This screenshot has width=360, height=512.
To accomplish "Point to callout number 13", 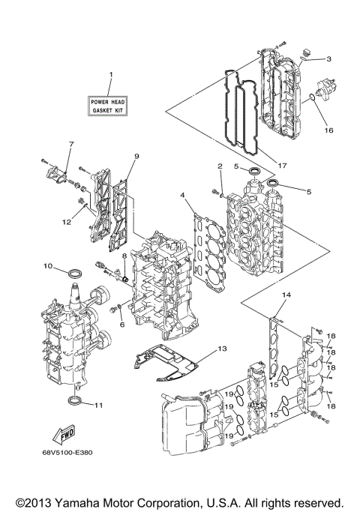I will tap(221, 349).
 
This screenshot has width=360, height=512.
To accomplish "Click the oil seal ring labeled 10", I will tap(76, 270).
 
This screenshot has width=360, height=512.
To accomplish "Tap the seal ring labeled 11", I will tap(76, 403).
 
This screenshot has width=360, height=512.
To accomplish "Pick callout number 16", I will tap(327, 130).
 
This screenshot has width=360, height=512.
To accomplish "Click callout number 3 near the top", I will tap(328, 58).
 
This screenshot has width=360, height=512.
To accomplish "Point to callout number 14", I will tap(284, 296).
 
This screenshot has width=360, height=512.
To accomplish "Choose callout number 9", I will tap(137, 156).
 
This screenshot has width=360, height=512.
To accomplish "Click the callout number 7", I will tap(72, 144).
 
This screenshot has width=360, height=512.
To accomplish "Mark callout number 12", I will tap(66, 221).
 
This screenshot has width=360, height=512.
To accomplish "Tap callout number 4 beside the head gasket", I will tap(182, 196).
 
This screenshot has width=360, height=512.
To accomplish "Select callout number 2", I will tap(220, 166).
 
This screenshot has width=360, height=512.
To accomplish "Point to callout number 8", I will tap(115, 256).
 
